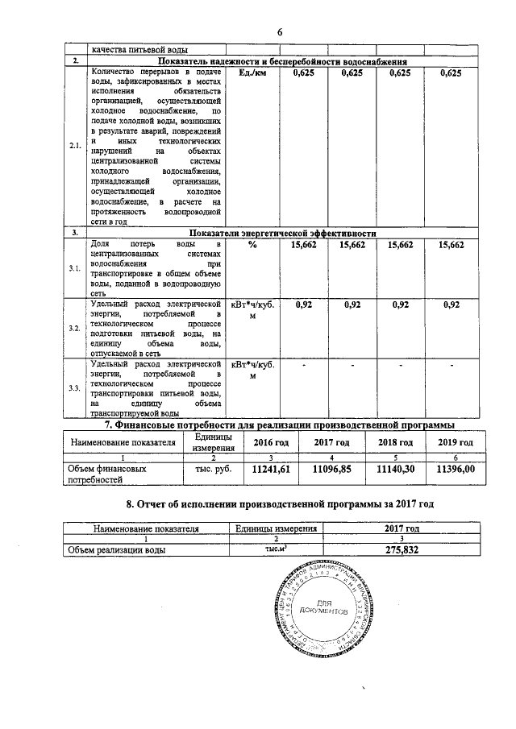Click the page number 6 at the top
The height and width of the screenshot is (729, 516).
point(279,31)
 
